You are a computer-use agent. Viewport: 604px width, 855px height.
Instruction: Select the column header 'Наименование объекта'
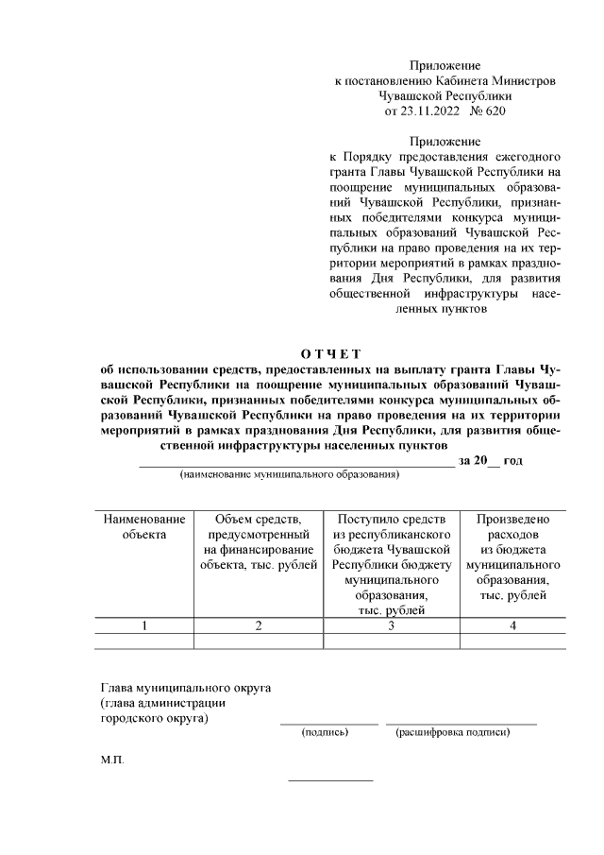click(143, 526)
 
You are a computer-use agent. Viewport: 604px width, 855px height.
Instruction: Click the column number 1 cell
click(143, 625)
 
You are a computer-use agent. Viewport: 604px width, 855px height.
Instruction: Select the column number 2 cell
click(258, 625)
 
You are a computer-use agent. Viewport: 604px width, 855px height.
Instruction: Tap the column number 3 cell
click(391, 625)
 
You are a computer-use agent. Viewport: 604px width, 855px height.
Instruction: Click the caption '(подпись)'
click(325, 732)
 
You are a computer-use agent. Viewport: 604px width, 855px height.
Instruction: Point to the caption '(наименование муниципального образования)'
click(290, 475)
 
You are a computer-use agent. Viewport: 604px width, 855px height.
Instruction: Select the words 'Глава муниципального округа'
click(186, 687)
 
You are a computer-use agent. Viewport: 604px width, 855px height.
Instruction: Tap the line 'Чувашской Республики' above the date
click(445, 96)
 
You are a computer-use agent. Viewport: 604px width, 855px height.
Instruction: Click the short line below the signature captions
click(330, 780)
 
